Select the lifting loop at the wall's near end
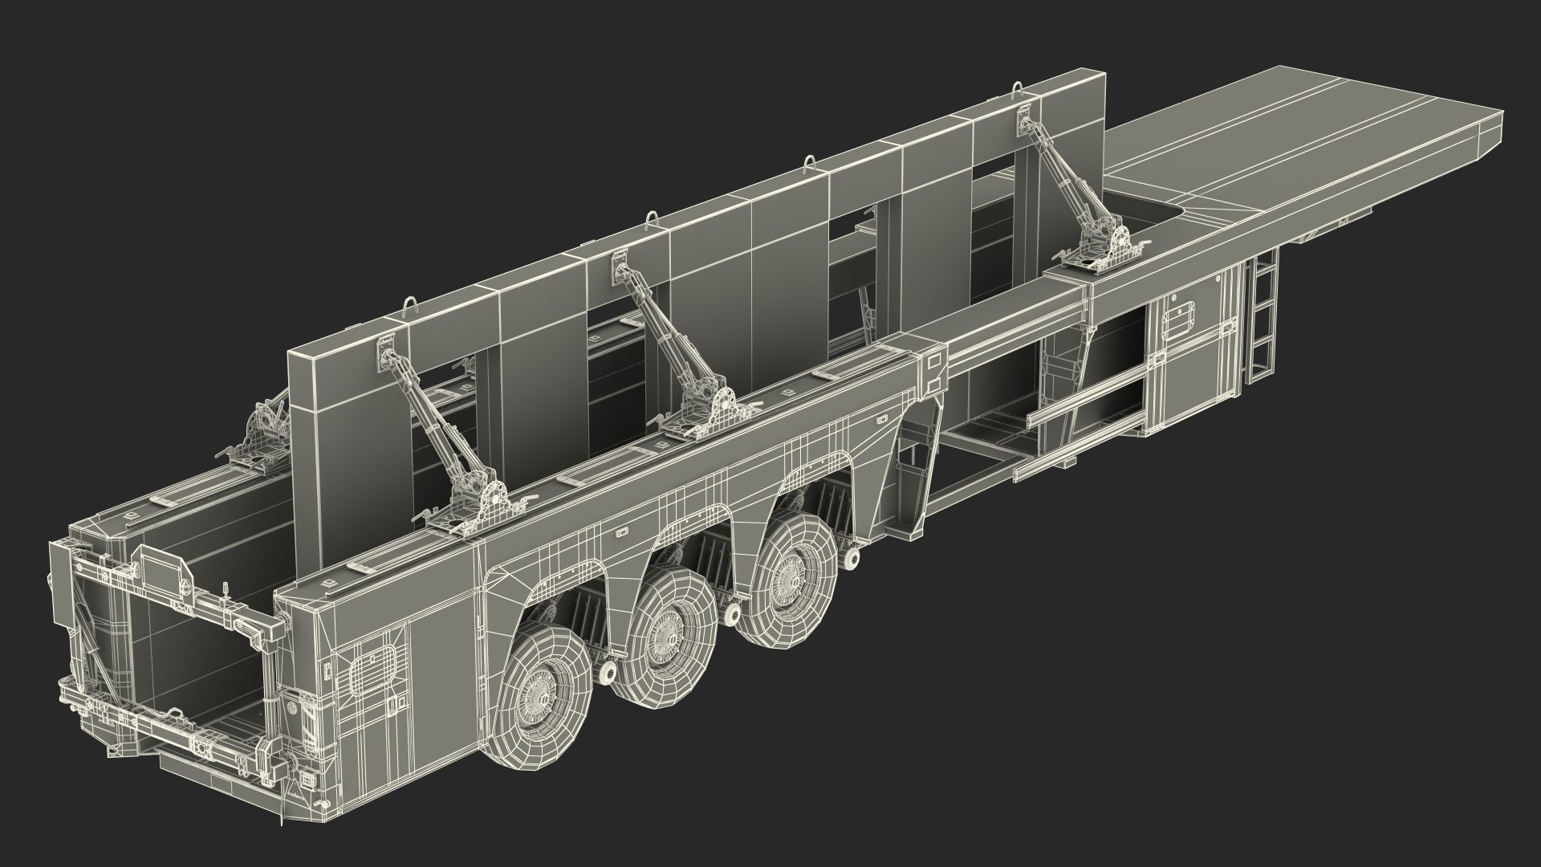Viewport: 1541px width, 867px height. [412, 308]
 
